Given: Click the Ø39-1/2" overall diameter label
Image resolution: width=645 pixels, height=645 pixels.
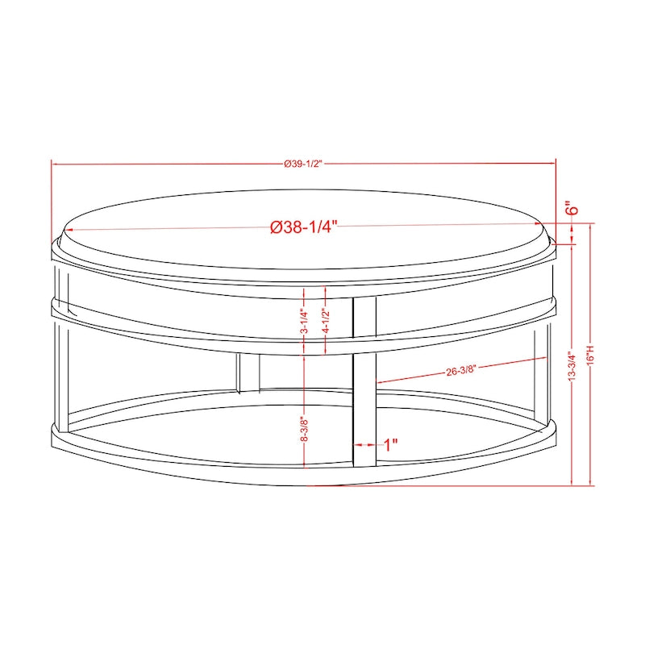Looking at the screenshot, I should (303, 164).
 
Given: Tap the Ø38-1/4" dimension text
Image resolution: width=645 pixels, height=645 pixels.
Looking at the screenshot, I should (303, 227).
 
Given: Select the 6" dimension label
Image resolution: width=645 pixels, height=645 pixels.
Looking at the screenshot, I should (572, 208).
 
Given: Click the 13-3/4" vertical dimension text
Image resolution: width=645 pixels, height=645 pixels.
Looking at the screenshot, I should (572, 366).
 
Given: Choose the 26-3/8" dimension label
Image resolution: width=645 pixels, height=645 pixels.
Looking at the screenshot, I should (461, 371).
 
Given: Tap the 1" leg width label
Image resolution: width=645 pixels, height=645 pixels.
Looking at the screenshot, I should (392, 444).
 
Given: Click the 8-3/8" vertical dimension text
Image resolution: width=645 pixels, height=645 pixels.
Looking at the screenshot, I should (304, 428).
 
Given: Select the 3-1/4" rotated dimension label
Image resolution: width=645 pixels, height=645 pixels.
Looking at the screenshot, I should (304, 321).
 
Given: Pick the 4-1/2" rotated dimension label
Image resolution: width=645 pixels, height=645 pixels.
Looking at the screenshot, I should (324, 321).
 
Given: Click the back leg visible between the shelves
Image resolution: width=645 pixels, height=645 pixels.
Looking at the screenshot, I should (249, 372).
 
